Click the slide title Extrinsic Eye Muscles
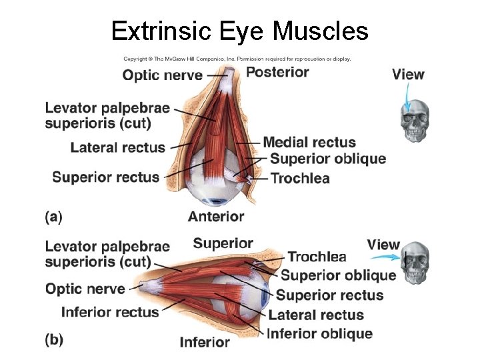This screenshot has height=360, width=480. coord(239,30)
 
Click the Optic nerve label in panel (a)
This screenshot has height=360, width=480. coord(162,75)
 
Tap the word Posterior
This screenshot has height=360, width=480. coord(277,72)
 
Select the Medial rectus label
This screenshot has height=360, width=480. coord(309,142)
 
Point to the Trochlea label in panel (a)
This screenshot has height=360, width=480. coord(299,178)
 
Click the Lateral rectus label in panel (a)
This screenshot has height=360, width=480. coord(117,147)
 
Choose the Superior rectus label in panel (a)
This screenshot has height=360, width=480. coord(106,177)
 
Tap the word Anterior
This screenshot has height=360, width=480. coord(216,216)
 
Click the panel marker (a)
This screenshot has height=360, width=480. coord(53,216)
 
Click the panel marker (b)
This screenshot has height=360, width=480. coord(54,340)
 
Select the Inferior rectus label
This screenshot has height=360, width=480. coord(110,311)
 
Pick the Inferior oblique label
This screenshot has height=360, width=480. coord(319,333)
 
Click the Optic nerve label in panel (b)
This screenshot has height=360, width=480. coord(85,289)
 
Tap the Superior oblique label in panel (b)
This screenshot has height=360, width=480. coord(338,275)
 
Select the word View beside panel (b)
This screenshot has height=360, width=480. coord(383,245)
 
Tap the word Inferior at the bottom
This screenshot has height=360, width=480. coord(205,342)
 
